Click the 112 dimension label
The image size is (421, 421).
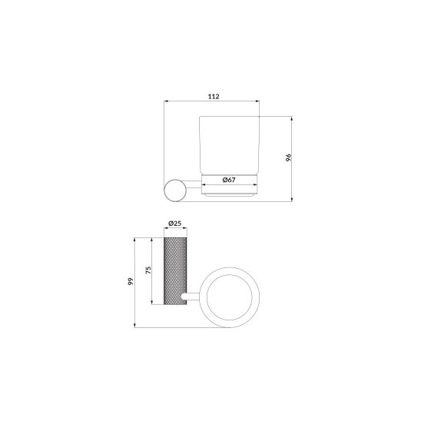(x=214, y=96)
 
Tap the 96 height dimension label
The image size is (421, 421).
(x=288, y=157)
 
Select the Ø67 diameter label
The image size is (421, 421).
(x=229, y=180)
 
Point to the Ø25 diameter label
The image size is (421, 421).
(x=175, y=223)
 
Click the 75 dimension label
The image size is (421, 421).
(x=148, y=270)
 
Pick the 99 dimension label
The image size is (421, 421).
(x=131, y=281)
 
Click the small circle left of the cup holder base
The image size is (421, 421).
(x=175, y=191)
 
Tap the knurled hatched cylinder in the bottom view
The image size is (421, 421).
(x=175, y=271)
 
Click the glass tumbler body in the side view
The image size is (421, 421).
(x=229, y=145)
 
